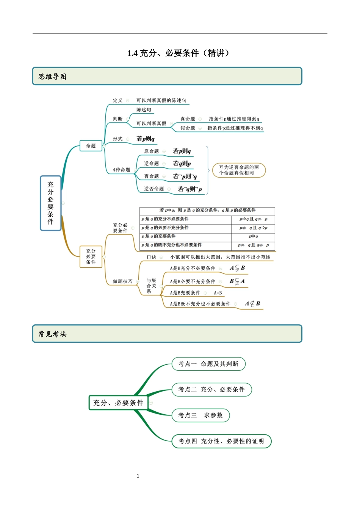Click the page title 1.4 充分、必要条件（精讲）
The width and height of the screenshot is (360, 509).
(x=178, y=53)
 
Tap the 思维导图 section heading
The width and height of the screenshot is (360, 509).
(x=52, y=77)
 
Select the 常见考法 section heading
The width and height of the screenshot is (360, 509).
(x=52, y=334)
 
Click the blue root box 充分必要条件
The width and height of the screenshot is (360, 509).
(x=51, y=203)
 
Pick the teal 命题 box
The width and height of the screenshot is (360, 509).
(x=91, y=145)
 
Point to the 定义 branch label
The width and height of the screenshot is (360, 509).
(x=118, y=100)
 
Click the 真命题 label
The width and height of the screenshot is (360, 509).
(x=188, y=119)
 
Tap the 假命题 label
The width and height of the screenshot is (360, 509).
(x=188, y=128)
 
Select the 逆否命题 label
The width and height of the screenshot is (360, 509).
(x=154, y=189)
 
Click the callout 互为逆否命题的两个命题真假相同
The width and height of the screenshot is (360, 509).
(x=238, y=170)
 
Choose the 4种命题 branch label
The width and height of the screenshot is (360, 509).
(x=121, y=170)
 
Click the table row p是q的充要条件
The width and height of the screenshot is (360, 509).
(x=158, y=236)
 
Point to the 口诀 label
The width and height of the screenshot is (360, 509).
(x=152, y=257)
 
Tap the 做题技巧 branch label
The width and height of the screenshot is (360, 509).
(x=123, y=281)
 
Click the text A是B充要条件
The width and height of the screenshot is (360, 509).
(x=185, y=293)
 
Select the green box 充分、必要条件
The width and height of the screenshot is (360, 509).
(x=118, y=403)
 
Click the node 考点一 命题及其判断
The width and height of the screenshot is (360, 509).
(x=208, y=364)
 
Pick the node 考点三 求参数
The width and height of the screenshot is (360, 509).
(x=200, y=415)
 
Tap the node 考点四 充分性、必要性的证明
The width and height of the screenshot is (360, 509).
(x=221, y=441)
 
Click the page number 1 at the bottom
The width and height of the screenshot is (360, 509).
(x=138, y=476)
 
